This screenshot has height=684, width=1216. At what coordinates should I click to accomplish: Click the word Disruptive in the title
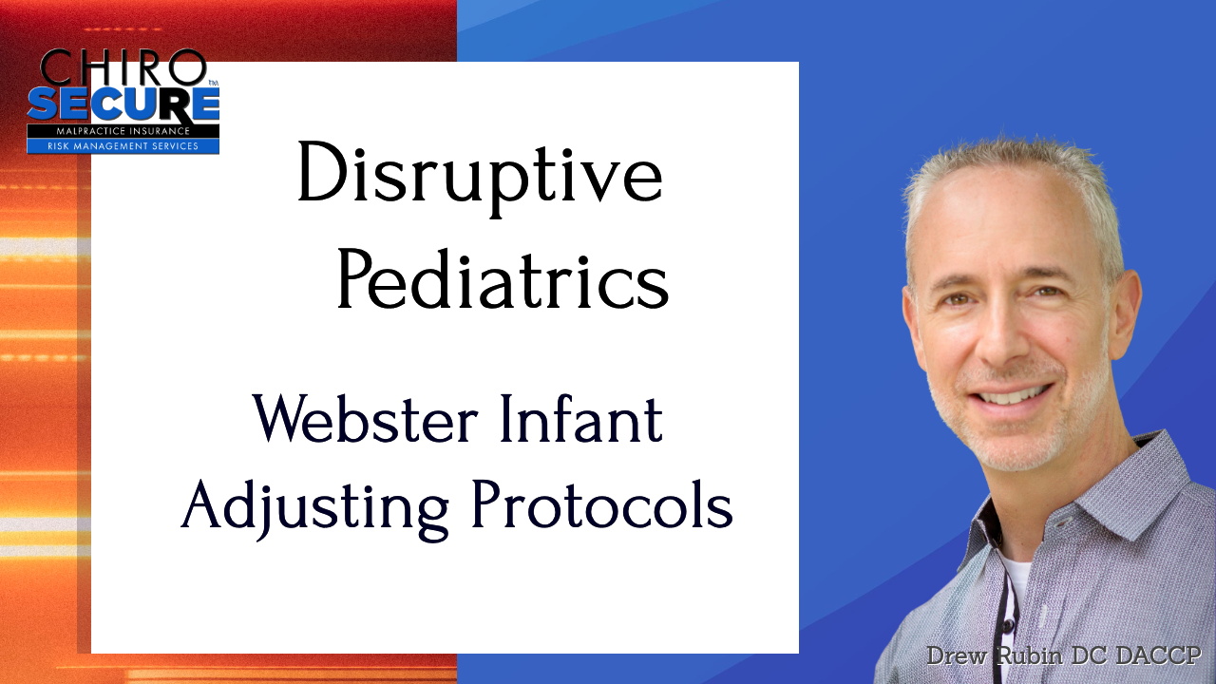pyautogui.click(x=480, y=179)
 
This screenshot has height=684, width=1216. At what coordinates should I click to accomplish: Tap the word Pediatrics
pyautogui.click(x=503, y=279)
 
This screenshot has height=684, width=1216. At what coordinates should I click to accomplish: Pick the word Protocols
pyautogui.click(x=602, y=504)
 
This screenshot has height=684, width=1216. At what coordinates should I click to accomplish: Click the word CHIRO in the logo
pyautogui.click(x=123, y=66)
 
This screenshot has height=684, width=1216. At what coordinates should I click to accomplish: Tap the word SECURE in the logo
pyautogui.click(x=123, y=104)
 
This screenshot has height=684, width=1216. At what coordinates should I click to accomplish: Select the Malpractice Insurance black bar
pyautogui.click(x=123, y=131)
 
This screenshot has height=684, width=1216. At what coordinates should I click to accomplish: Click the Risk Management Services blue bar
pyautogui.click(x=123, y=146)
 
